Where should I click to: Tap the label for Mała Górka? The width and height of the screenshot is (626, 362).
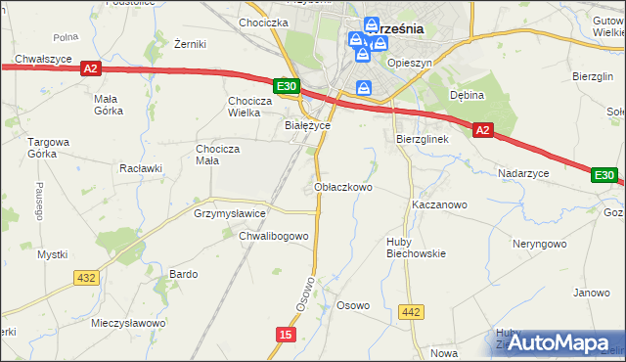click(107, 104)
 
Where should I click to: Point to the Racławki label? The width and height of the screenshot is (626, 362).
click(140, 167)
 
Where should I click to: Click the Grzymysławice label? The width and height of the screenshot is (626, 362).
click(230, 212)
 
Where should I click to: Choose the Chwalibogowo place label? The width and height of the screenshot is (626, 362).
click(274, 236)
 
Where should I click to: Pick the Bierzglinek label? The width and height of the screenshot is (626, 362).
click(422, 140)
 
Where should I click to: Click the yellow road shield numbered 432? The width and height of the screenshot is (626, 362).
click(86, 278)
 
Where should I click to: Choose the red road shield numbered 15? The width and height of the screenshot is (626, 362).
click(285, 335)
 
